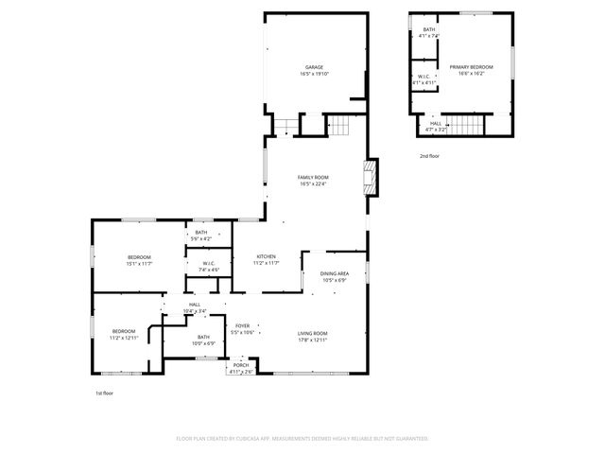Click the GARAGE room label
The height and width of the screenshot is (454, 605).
tap(314, 67)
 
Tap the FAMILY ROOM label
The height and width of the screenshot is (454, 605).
tap(314, 178)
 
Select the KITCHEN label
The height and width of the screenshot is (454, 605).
tap(266, 257)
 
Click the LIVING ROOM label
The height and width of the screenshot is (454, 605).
tap(313, 333)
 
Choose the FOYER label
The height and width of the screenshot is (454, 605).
tap(243, 326)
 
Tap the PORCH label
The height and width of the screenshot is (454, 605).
tap(241, 365)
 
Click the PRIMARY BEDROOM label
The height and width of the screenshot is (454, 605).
tap(471, 67)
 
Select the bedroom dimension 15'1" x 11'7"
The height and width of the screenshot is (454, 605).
tap(140, 263)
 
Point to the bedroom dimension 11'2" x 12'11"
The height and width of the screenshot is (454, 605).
tap(124, 338)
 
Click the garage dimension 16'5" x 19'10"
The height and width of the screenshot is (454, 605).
tap(314, 74)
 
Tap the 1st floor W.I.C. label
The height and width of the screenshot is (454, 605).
tap(209, 264)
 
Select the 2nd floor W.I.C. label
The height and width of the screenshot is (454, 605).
tap(426, 77)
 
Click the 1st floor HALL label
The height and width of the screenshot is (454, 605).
tap(194, 305)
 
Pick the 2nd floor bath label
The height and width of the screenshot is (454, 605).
tap(428, 30)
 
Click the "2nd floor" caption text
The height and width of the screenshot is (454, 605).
tap(429, 155)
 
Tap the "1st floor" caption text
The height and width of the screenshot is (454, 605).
tap(104, 392)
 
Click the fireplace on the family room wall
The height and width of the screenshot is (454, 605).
tap(372, 176)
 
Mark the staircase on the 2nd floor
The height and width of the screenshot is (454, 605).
tap(463, 125)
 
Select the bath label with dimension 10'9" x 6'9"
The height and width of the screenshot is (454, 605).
tap(204, 337)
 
